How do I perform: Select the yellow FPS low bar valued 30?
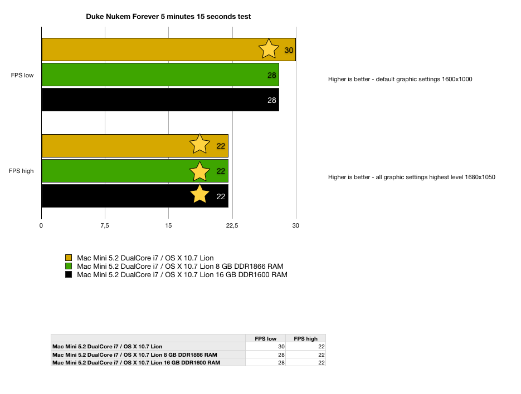click(169, 50)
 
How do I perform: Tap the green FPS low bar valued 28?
click(160, 75)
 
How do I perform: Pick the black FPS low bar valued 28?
click(160, 100)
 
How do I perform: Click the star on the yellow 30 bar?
click(269, 49)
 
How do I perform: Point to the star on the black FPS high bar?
click(199, 194)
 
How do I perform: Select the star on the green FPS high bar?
click(199, 171)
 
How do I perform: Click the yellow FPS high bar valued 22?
click(135, 146)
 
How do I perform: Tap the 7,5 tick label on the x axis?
click(105, 226)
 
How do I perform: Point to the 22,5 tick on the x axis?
click(232, 226)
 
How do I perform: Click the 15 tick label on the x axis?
click(168, 226)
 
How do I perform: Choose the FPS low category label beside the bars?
click(22, 75)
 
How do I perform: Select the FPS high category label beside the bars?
click(21, 171)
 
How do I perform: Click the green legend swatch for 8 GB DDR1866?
click(69, 266)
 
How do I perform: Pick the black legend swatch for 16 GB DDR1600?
click(69, 274)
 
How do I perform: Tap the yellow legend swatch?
click(69, 258)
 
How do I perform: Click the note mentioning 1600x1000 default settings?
click(400, 80)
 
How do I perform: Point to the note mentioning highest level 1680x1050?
click(412, 178)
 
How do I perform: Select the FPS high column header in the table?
click(306, 338)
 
